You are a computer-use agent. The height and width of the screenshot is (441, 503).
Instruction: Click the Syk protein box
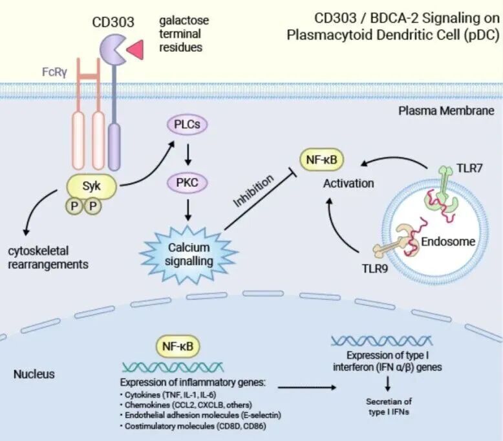[91, 186]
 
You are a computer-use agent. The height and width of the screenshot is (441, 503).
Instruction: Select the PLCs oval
[187, 124]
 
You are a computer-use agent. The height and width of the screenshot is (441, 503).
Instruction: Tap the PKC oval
[187, 183]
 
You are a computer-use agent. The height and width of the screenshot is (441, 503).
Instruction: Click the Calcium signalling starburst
[189, 254]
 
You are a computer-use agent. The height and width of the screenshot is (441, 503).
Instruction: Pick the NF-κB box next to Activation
[321, 160]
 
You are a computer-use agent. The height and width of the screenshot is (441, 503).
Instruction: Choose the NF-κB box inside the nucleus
[178, 347]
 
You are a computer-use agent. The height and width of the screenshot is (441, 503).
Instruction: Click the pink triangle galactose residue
[135, 50]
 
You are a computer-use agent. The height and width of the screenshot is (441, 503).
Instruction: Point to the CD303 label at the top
[113, 22]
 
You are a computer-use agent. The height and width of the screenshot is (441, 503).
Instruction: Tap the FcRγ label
[54, 72]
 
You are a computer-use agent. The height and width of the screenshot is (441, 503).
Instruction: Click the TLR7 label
[469, 168]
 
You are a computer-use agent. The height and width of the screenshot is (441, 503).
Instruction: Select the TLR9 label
[375, 268]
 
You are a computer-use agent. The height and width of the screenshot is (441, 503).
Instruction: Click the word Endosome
[448, 241]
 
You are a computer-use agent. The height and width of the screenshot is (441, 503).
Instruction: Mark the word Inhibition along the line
[253, 191]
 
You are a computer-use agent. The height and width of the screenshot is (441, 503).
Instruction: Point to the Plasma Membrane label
[446, 111]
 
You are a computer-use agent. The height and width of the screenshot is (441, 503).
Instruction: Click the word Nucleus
[34, 374]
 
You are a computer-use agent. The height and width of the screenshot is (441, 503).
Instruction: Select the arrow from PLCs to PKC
[188, 154]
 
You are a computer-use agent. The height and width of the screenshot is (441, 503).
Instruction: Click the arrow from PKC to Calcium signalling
[188, 210]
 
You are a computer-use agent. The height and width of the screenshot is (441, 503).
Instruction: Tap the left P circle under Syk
[74, 206]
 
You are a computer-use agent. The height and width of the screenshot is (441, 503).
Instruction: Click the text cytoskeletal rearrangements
[48, 257]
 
